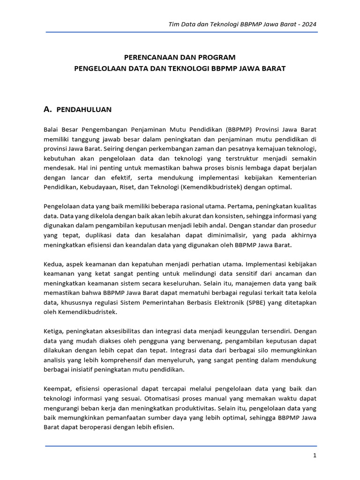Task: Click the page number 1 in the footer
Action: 315,455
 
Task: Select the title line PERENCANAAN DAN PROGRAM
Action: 180,57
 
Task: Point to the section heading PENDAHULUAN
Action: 83,110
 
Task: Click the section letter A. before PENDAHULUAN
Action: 47,109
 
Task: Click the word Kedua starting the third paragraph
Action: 53,264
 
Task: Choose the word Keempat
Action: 57,389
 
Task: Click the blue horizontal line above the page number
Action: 181,445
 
